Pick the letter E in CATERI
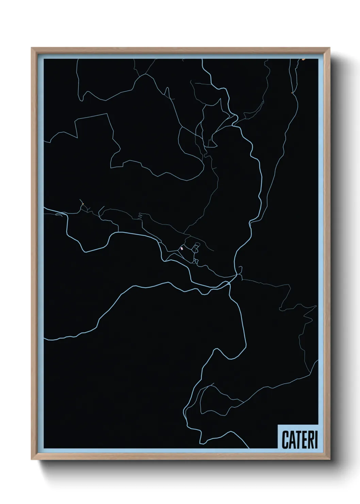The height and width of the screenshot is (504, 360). [304, 440]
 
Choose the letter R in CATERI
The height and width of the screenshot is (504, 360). [310, 440]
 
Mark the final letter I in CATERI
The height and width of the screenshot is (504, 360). [316, 440]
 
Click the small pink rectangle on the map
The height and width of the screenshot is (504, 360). [182, 249]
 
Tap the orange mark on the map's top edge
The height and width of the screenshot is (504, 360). [304, 59]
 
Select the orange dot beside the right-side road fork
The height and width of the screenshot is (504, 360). [292, 92]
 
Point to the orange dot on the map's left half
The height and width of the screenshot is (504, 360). [83, 204]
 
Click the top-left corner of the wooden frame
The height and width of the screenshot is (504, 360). [32, 48]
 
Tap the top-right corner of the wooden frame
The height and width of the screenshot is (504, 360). [330, 48]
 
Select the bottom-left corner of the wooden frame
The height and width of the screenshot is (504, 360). [32, 459]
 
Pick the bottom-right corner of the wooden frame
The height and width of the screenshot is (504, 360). [330, 459]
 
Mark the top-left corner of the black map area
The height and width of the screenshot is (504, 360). [44, 59]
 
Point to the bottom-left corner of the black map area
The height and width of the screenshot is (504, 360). [44, 448]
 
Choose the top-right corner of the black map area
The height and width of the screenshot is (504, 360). [318, 59]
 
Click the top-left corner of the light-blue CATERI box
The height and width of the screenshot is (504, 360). [278, 425]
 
